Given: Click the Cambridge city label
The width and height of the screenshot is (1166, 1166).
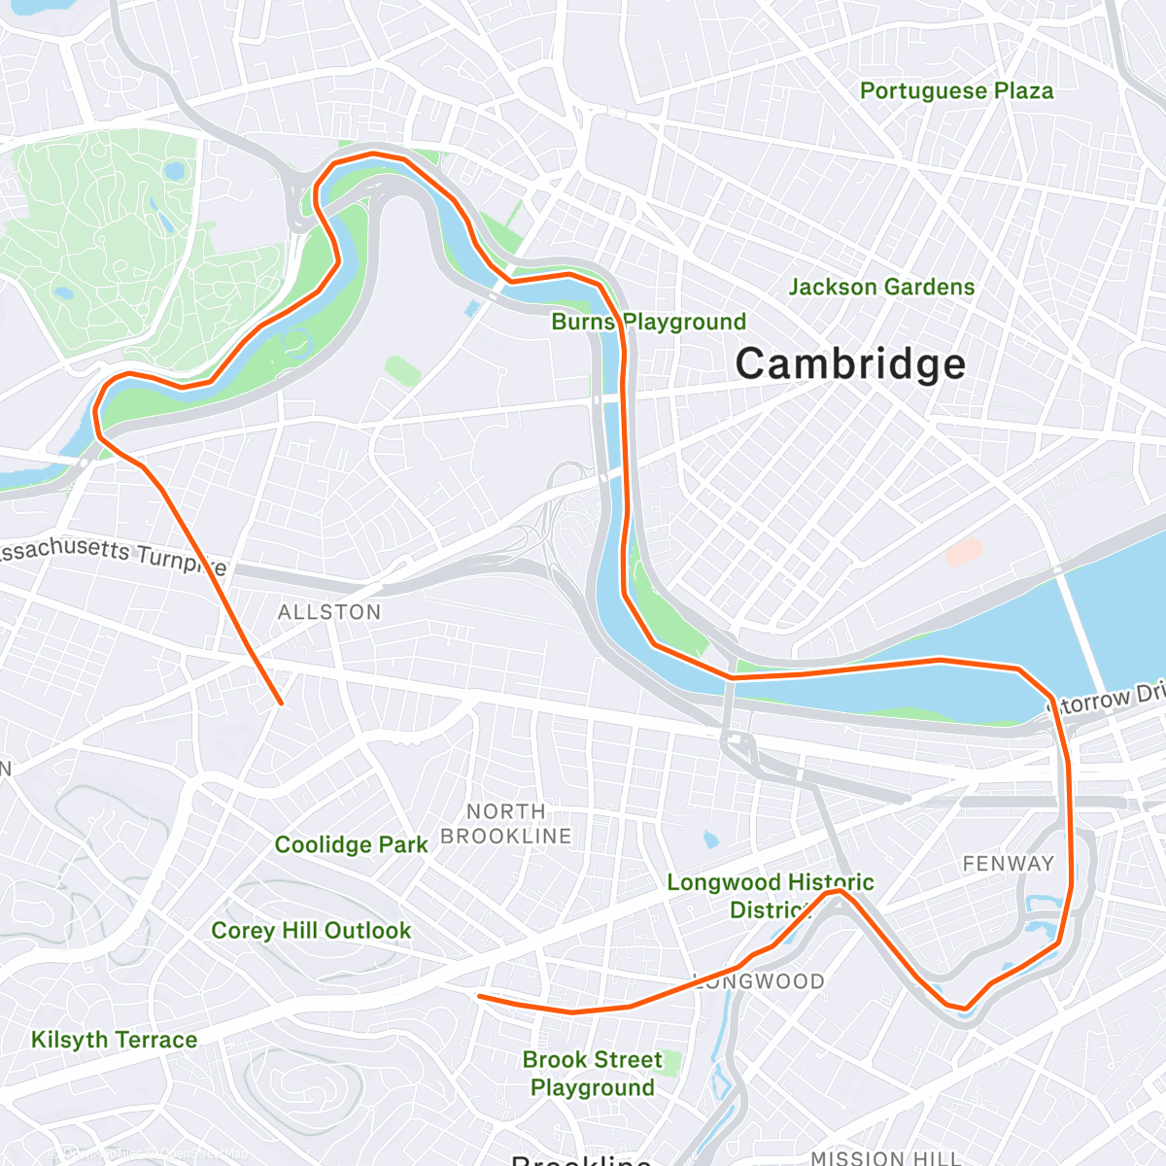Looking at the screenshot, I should (850, 364).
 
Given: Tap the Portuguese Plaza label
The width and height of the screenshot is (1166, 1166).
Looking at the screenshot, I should (956, 91).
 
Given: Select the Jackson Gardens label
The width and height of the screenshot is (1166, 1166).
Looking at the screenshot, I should (881, 288).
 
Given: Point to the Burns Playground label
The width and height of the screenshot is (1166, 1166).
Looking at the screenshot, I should (649, 322).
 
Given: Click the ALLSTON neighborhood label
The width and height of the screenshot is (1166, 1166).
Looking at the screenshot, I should (329, 612).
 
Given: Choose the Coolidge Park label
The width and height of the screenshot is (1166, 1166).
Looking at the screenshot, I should (351, 844).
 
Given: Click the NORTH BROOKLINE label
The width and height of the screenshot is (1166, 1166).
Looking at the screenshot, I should (506, 824).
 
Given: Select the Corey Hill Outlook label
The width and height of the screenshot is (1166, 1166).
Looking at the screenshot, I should (311, 931).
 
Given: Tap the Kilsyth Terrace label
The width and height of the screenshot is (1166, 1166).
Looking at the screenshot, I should (114, 1040).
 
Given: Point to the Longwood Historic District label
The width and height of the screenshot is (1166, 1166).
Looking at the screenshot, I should (770, 896).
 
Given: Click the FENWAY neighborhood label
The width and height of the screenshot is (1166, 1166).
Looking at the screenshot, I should (1008, 864).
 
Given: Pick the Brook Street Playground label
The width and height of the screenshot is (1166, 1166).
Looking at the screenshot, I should (593, 1074).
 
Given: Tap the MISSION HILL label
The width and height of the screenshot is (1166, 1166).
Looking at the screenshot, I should (885, 1157).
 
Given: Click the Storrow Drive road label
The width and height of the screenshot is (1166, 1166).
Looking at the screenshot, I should (1108, 698).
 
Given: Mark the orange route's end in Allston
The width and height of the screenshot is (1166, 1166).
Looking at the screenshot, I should (281, 703).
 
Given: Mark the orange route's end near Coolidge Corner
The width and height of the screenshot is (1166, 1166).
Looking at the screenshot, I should (479, 996).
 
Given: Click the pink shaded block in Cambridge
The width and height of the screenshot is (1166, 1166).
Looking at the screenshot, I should (964, 553).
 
